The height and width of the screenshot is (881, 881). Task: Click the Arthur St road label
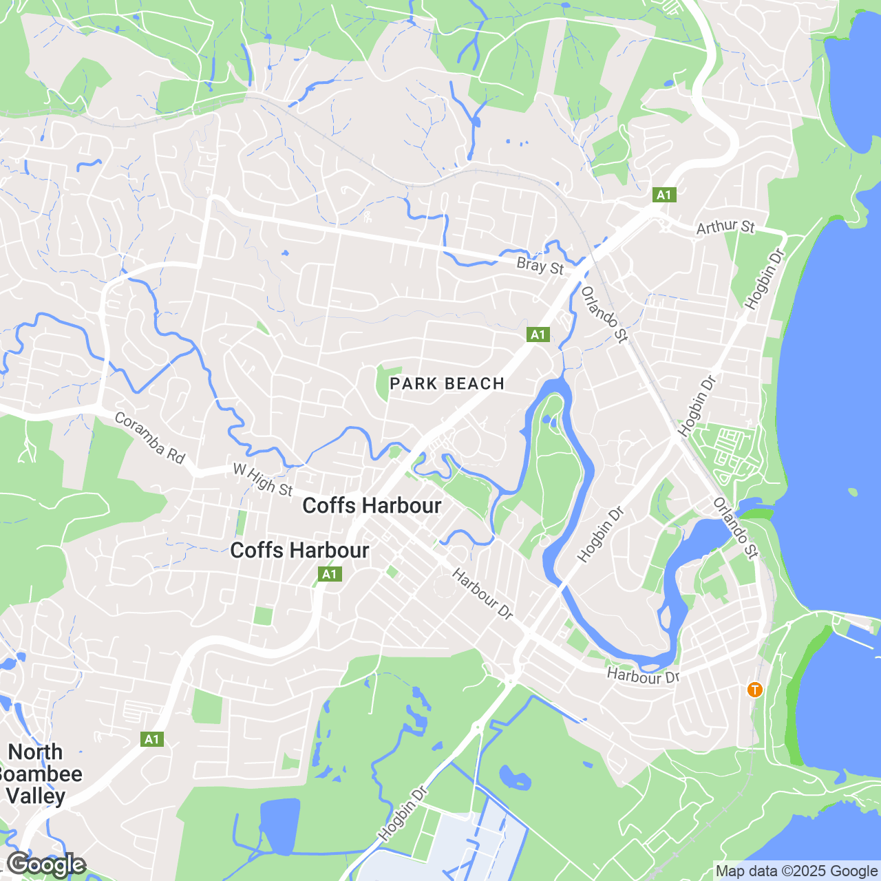pos(725,226)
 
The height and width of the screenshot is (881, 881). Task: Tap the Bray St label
pos(540,266)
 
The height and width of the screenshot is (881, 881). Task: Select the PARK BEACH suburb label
pos(447,384)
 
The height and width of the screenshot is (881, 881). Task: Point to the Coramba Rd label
pos(149,438)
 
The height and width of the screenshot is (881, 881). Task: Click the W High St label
pos(263,479)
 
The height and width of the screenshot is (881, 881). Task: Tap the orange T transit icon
pos(755,689)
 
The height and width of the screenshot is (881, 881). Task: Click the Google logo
pos(46,864)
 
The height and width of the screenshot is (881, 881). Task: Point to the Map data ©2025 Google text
pos(796,871)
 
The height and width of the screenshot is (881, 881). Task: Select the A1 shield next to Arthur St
pos(664,195)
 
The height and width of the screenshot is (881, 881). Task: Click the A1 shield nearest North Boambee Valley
pos(151,739)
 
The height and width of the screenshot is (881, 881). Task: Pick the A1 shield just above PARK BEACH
pos(538,335)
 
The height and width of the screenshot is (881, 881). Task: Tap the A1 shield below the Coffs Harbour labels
pos(330,574)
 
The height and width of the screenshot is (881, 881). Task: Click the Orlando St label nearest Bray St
pos(604,314)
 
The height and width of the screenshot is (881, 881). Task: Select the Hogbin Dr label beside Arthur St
pos(764,279)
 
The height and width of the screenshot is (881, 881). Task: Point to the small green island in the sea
pos(853,492)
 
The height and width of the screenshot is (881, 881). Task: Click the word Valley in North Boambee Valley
pos(36,796)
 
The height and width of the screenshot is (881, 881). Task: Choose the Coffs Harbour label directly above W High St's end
pos(372,506)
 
